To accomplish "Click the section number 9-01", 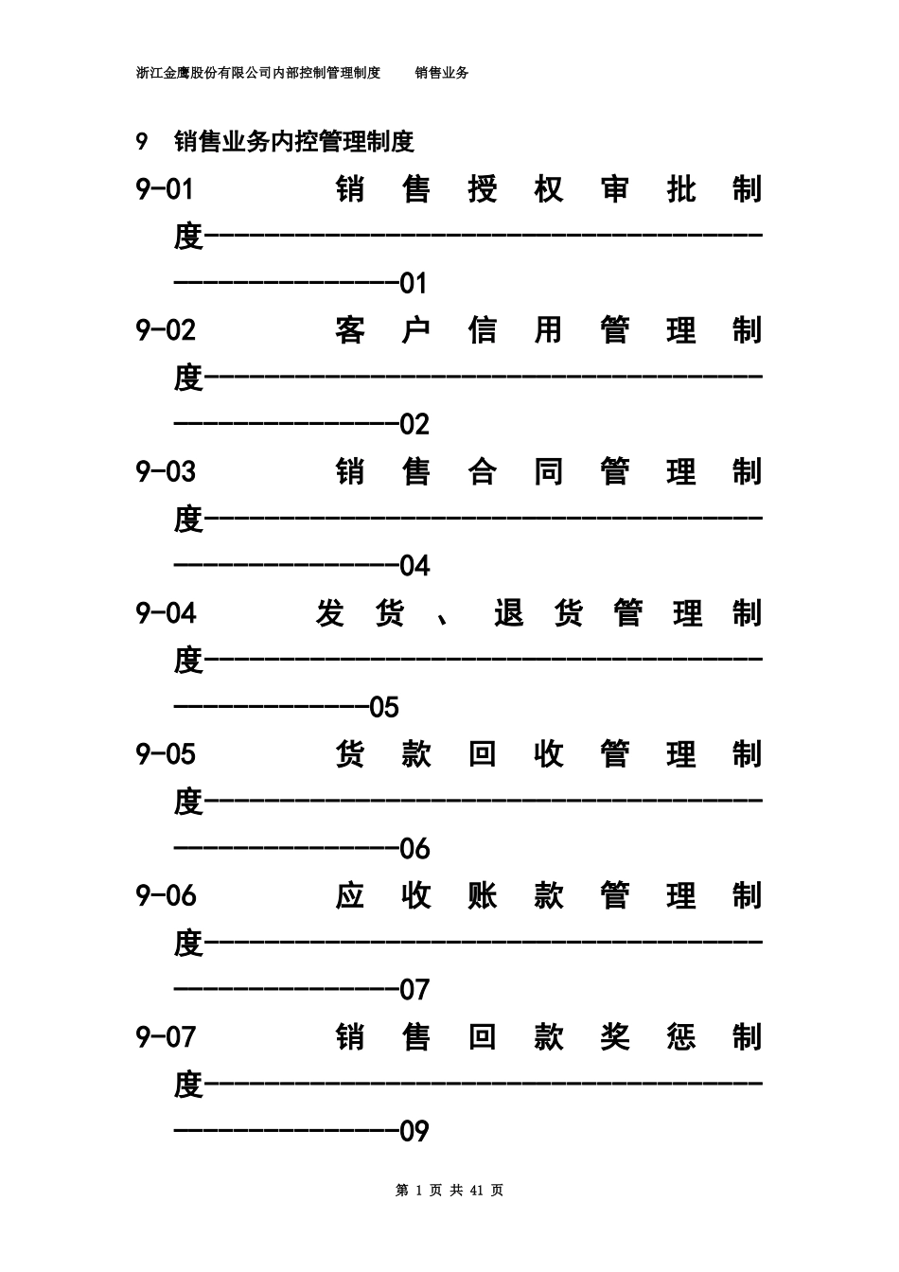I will (x=165, y=189).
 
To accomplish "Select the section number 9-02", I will (x=166, y=330).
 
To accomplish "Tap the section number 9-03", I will (x=166, y=471).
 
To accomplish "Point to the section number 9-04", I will (x=166, y=613).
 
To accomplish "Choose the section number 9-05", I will (x=166, y=754).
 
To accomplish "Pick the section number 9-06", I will (x=166, y=895).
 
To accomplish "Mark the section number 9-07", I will (x=166, y=1037).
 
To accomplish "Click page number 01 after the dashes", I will (x=414, y=283).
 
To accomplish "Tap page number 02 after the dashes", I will (x=414, y=424).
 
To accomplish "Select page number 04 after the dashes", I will (x=414, y=566).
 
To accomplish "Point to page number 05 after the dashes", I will (x=384, y=707).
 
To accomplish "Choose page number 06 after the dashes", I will (x=414, y=849).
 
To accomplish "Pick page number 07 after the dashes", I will (x=414, y=990).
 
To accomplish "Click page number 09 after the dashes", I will (x=414, y=1131).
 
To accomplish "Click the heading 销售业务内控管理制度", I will (x=294, y=142).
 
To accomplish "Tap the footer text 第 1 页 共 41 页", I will (x=449, y=1191).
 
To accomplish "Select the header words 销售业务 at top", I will (x=442, y=73).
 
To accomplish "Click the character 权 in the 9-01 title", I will (x=549, y=189).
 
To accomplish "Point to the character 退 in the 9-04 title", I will (x=508, y=613).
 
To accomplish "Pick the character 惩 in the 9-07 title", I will (x=680, y=1037).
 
